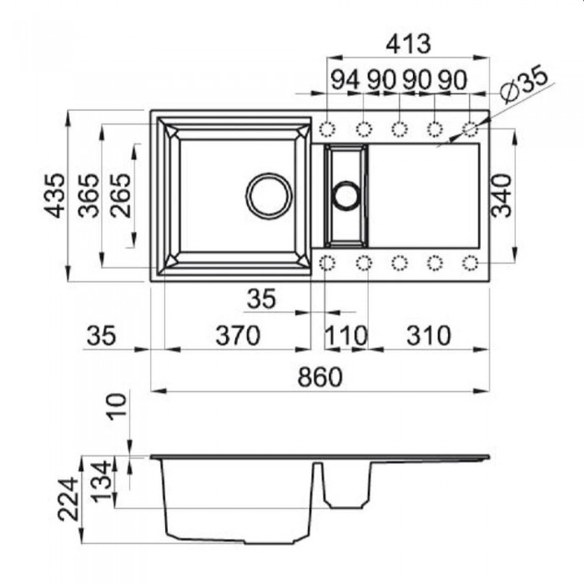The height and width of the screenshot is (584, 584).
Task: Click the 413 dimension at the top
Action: [x=408, y=44]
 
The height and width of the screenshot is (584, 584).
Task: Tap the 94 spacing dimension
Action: [x=345, y=80]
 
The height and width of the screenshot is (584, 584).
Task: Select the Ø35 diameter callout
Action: [x=523, y=83]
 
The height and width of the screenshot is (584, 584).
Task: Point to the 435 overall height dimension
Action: [x=55, y=195]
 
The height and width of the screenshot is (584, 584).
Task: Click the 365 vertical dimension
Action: [x=88, y=195]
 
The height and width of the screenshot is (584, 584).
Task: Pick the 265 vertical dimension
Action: [x=121, y=195]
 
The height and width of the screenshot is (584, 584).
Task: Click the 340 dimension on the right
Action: [x=501, y=195]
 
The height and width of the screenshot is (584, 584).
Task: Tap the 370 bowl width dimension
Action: [x=238, y=335]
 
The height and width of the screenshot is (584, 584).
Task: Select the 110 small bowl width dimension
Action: [x=346, y=335]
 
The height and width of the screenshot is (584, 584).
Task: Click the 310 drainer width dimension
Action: [x=428, y=335]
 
